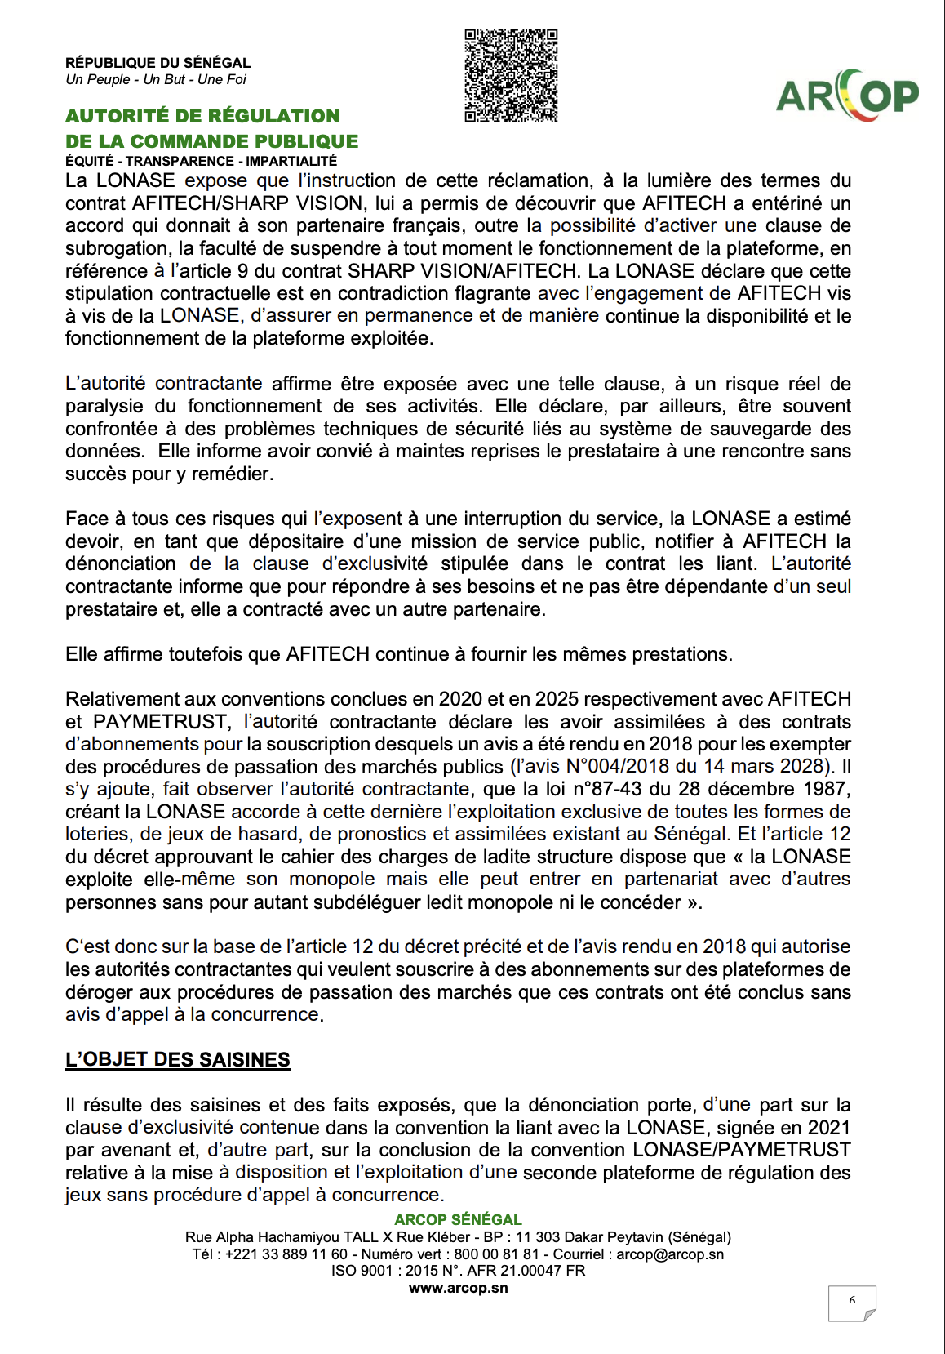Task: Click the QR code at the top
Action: [511, 76]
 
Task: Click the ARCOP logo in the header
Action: [847, 95]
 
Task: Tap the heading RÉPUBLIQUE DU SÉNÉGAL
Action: [157, 63]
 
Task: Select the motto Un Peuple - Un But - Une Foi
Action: [156, 79]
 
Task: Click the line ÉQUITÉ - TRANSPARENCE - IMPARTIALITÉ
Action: [201, 161]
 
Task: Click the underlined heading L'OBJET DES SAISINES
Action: [177, 1059]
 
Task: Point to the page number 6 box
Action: [851, 1302]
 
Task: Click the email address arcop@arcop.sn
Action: [670, 1254]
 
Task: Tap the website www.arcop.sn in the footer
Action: [458, 1288]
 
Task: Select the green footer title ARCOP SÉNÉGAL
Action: [458, 1219]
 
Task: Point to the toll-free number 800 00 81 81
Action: [496, 1254]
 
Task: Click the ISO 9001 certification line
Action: [458, 1271]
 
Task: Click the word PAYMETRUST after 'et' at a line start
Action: [160, 722]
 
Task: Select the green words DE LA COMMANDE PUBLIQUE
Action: [211, 141]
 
